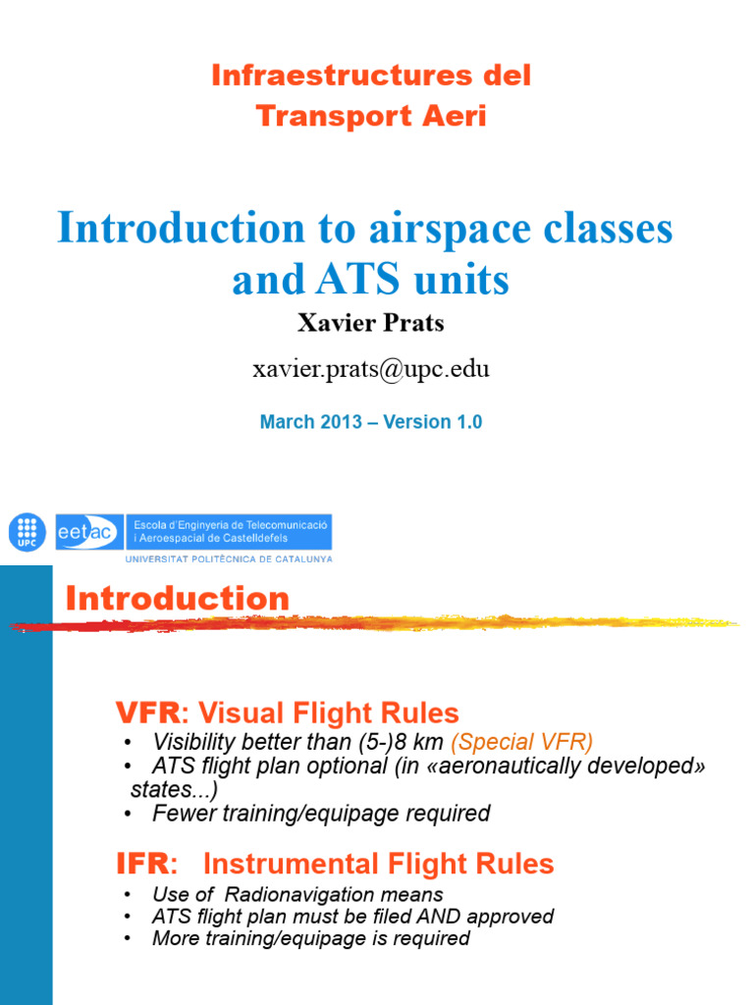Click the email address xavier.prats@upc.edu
pos(371,369)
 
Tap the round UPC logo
pos(27,532)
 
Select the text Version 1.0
pos(432,422)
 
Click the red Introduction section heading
pos(178,598)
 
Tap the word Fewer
pos(180,813)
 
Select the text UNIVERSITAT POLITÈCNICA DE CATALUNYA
pos(228,559)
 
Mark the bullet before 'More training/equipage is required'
pos(129,938)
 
